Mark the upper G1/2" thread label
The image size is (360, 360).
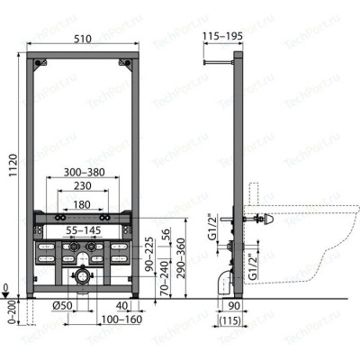pos(209,225)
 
